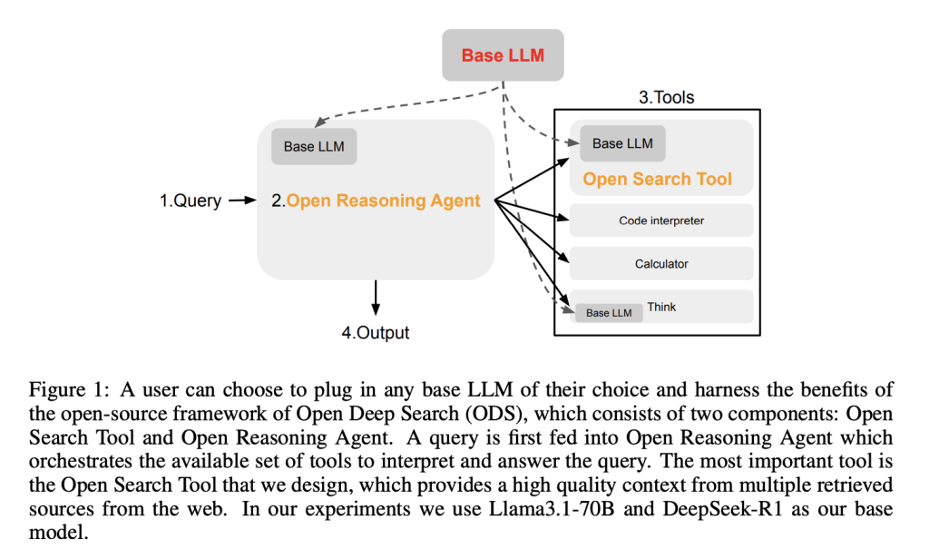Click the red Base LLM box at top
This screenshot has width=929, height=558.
click(x=503, y=55)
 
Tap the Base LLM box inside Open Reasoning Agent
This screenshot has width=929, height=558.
click(x=314, y=146)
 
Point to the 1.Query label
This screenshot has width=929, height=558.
click(x=191, y=201)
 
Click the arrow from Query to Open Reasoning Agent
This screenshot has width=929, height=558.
click(x=244, y=201)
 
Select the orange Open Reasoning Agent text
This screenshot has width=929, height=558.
click(x=383, y=201)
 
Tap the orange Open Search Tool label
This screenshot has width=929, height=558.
click(x=657, y=179)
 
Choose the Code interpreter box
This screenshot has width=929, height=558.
click(x=661, y=220)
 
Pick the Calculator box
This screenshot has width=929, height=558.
click(x=661, y=264)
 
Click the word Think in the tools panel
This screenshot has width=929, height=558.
click(x=661, y=308)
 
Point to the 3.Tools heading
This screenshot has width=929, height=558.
click(x=667, y=97)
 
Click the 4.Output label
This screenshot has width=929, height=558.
click(x=376, y=333)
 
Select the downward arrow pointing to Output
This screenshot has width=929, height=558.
click(x=376, y=298)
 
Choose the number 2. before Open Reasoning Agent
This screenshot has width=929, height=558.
click(x=278, y=201)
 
